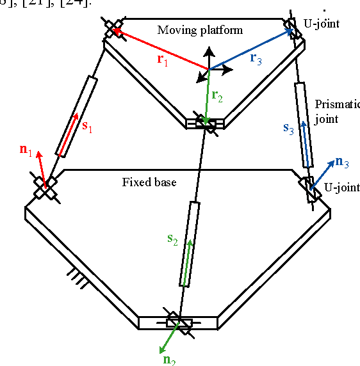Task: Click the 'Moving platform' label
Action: [200, 30]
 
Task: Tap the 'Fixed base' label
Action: [149, 182]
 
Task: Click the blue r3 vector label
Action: [256, 58]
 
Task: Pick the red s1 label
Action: [87, 127]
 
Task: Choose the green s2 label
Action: [172, 239]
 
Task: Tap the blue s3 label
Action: [289, 127]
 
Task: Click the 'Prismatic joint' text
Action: [337, 111]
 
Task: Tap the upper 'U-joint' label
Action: [323, 24]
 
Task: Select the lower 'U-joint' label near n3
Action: [337, 187]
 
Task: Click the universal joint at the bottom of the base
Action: [179, 324]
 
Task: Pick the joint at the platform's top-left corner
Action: [113, 28]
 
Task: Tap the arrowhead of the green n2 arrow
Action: [160, 351]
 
